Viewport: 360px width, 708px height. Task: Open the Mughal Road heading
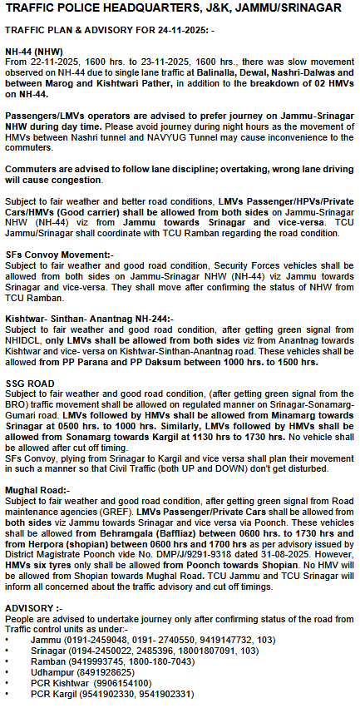37,489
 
